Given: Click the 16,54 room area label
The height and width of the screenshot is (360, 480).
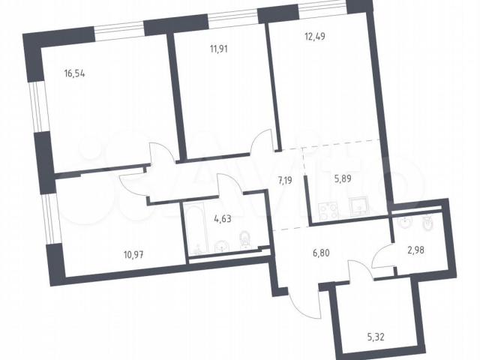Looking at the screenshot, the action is [x=74, y=73].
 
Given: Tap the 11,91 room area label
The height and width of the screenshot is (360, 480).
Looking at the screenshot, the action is [x=218, y=49].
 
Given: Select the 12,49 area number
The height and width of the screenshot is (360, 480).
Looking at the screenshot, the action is [x=315, y=37].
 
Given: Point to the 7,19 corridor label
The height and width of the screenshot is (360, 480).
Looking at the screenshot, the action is [x=285, y=180].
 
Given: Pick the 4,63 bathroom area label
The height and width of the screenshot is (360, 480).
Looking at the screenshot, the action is [x=223, y=218].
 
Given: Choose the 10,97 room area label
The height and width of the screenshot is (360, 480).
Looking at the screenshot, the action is [x=133, y=254].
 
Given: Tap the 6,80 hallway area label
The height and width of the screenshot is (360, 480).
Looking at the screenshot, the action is [x=321, y=253].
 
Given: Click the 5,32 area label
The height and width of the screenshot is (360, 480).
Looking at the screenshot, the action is [x=375, y=337].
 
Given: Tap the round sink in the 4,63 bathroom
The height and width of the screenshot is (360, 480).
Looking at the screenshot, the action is [x=221, y=246].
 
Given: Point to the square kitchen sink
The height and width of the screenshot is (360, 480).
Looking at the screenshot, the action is [x=359, y=207].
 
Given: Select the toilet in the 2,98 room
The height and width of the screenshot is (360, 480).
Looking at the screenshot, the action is [x=428, y=223].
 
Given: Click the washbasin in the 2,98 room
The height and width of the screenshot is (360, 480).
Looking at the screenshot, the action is [x=406, y=222].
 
